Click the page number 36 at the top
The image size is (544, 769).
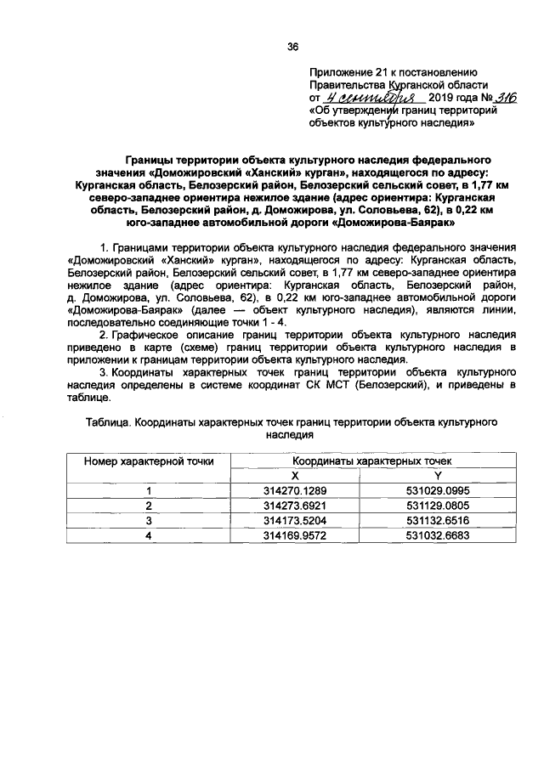click(x=292, y=47)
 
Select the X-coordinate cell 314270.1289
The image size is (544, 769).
click(x=295, y=490)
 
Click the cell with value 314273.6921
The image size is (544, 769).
click(x=295, y=505)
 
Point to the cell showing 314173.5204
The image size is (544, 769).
click(x=295, y=520)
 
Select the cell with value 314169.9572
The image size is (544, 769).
click(x=295, y=535)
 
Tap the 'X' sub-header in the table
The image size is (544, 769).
click(x=295, y=475)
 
